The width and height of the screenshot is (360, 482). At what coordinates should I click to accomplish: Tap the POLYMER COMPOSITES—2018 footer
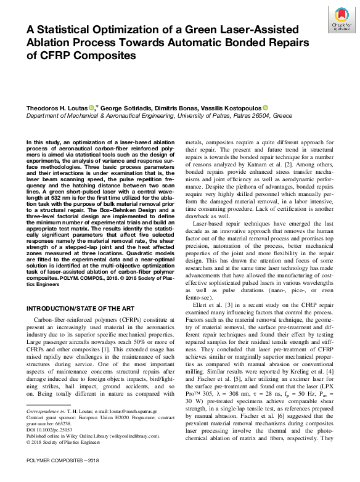coord(59,478)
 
